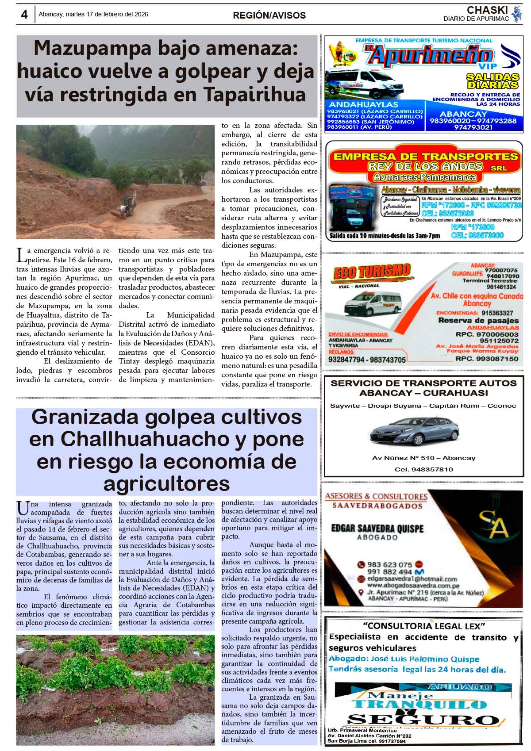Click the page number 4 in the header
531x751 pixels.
[x=24, y=15]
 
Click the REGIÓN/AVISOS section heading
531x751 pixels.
[x=269, y=15]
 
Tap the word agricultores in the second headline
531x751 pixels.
[x=166, y=483]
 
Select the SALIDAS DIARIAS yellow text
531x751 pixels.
[x=493, y=81]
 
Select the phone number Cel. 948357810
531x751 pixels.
[x=423, y=469]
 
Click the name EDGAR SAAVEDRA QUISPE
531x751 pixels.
[x=377, y=529]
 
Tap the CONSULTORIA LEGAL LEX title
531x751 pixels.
[x=424, y=626]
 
